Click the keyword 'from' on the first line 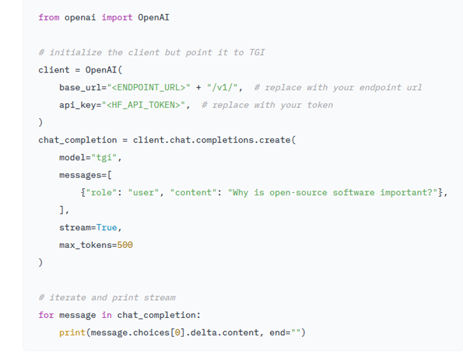[x=49, y=17]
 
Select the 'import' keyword [x=117, y=18]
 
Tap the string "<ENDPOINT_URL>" [x=149, y=88]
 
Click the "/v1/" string [x=222, y=88]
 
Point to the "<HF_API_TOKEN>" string [x=143, y=105]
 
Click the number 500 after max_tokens [x=125, y=245]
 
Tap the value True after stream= [x=107, y=228]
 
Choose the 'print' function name [x=72, y=333]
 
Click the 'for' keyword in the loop [x=46, y=315]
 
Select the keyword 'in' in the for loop [x=107, y=315]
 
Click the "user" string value [x=143, y=193]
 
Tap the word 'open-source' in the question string [x=298, y=193]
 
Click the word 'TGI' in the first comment [x=257, y=53]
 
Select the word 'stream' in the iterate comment [x=160, y=298]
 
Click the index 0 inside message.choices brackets [x=177, y=333]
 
